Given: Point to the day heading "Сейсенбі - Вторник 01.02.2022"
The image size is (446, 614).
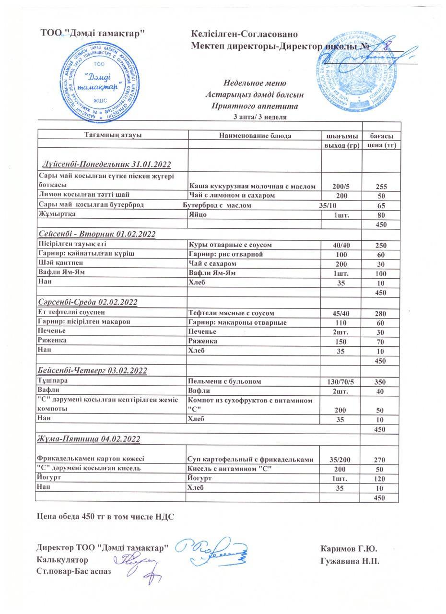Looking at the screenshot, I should tap(97, 234).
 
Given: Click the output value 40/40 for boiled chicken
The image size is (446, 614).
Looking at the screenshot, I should tap(340, 245).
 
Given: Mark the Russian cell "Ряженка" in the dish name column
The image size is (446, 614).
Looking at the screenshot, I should tap(203, 341).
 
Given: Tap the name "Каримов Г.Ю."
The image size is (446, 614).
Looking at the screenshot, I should tap(349, 548).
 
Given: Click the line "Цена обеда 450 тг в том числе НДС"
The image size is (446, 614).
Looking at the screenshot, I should tap(106, 517).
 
